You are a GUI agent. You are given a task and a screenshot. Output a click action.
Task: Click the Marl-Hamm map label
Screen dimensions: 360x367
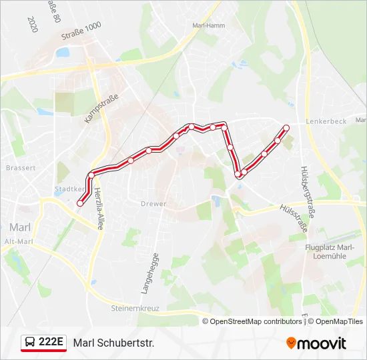click(208, 25)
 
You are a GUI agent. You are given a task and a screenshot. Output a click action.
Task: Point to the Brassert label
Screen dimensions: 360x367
click(20, 168)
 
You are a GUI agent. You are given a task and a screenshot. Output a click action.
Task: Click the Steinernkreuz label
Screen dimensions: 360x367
click(136, 308)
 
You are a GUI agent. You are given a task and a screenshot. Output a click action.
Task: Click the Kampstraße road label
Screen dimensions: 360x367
click(101, 109)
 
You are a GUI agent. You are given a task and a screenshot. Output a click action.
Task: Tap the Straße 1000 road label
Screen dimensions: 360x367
click(81, 31)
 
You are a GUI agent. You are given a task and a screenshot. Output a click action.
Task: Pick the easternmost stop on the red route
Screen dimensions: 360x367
click(287, 127)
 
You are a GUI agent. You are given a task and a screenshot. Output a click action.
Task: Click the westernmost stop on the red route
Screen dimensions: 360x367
click(80, 203)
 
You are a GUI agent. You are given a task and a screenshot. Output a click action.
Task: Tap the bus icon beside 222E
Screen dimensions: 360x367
click(30, 343)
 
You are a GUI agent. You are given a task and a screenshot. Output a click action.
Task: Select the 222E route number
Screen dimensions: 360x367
click(51, 343)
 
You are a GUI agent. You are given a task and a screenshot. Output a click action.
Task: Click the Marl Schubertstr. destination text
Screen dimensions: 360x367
click(113, 343)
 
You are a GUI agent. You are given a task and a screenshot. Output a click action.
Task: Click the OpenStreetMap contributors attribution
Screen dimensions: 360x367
click(256, 321)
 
